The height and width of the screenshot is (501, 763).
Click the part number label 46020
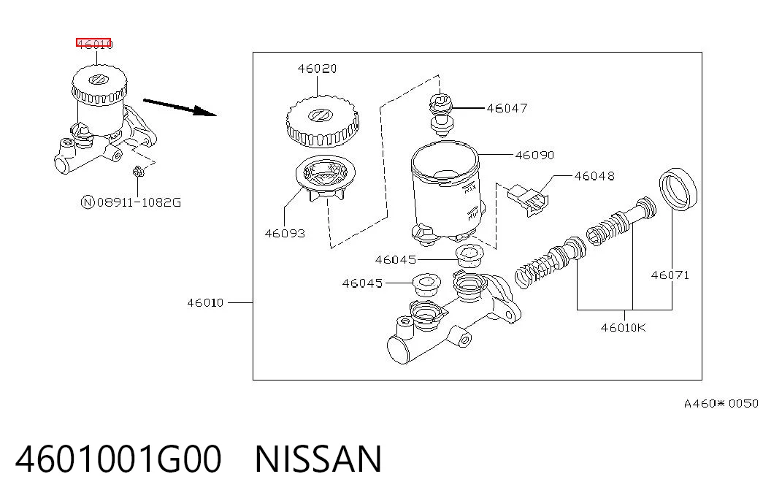pyautogui.click(x=317, y=69)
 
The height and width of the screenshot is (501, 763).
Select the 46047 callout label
pyautogui.click(x=507, y=108)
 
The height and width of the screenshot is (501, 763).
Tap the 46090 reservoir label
pyautogui.click(x=534, y=156)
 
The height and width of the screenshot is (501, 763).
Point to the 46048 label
pyautogui.click(x=594, y=176)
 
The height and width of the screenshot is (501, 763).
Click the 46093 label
pyautogui.click(x=285, y=233)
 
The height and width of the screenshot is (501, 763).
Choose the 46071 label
pyautogui.click(x=670, y=275)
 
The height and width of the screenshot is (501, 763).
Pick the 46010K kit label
pyautogui.click(x=624, y=328)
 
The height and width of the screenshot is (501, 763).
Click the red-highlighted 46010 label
pyautogui.click(x=94, y=44)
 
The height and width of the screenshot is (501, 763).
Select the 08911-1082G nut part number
pyautogui.click(x=139, y=202)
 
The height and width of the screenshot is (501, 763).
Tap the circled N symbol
pyautogui.click(x=87, y=202)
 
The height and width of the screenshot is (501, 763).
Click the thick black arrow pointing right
pyautogui.click(x=180, y=107)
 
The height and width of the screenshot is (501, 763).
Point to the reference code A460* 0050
pyautogui.click(x=721, y=404)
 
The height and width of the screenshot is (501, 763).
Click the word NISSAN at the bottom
pyautogui.click(x=318, y=459)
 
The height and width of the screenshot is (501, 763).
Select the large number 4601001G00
pyautogui.click(x=119, y=459)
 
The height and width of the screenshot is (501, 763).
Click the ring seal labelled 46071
pyautogui.click(x=678, y=189)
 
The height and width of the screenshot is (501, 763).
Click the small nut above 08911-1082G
pyautogui.click(x=138, y=172)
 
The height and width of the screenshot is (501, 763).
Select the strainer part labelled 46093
pyautogui.click(x=326, y=178)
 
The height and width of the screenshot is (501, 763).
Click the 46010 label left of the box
pyautogui.click(x=205, y=303)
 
